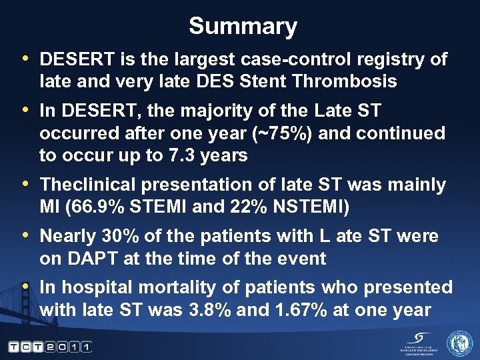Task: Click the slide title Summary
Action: (243, 27)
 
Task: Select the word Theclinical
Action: (86, 185)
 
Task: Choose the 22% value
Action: (239, 207)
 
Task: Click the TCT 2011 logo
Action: (50, 347)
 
